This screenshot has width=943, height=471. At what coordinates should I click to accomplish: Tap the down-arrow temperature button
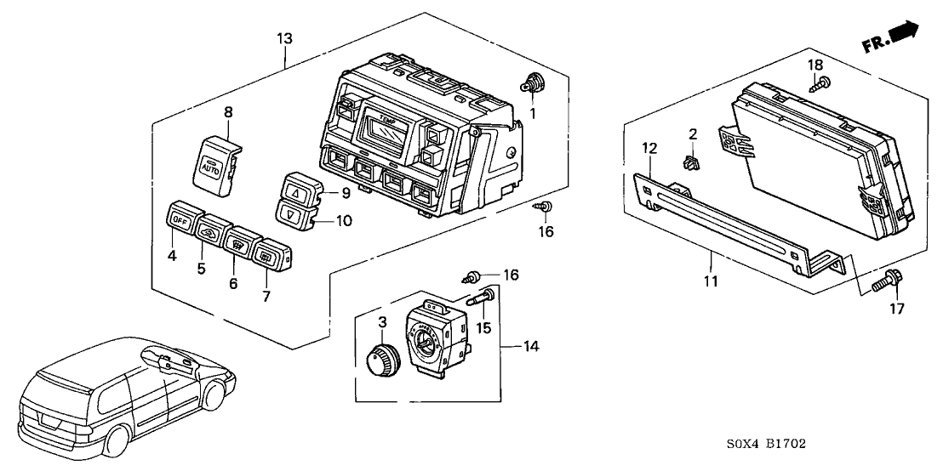coord(291,215)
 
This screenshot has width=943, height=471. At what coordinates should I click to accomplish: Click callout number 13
coord(284,38)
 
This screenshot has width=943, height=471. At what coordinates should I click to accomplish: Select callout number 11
coord(712,281)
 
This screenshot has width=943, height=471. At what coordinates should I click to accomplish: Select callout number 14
coord(533,346)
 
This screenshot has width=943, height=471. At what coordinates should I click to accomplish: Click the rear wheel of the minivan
coord(117,439)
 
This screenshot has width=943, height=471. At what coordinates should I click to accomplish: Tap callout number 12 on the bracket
coord(649,149)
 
